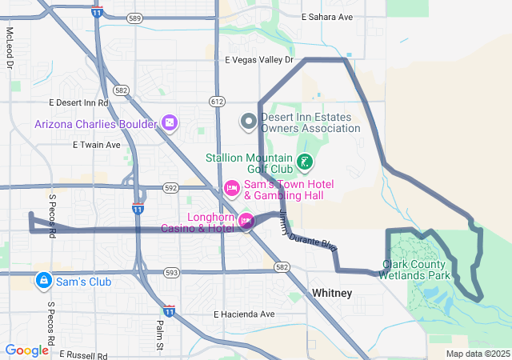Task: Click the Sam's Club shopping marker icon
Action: point(43,281)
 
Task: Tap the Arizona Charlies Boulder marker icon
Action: point(169,123)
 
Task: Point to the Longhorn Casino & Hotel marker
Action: point(246,220)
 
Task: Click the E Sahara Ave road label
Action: point(326,17)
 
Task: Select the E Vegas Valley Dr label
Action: point(260,60)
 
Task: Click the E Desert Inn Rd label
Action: point(78,103)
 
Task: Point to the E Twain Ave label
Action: point(96,146)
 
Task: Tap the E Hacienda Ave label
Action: point(244,314)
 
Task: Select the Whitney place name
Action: point(332,294)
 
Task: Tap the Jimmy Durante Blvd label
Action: point(309,234)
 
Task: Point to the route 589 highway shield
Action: point(134,18)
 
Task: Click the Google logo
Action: point(26,350)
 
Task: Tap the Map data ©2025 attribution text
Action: point(478,354)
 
